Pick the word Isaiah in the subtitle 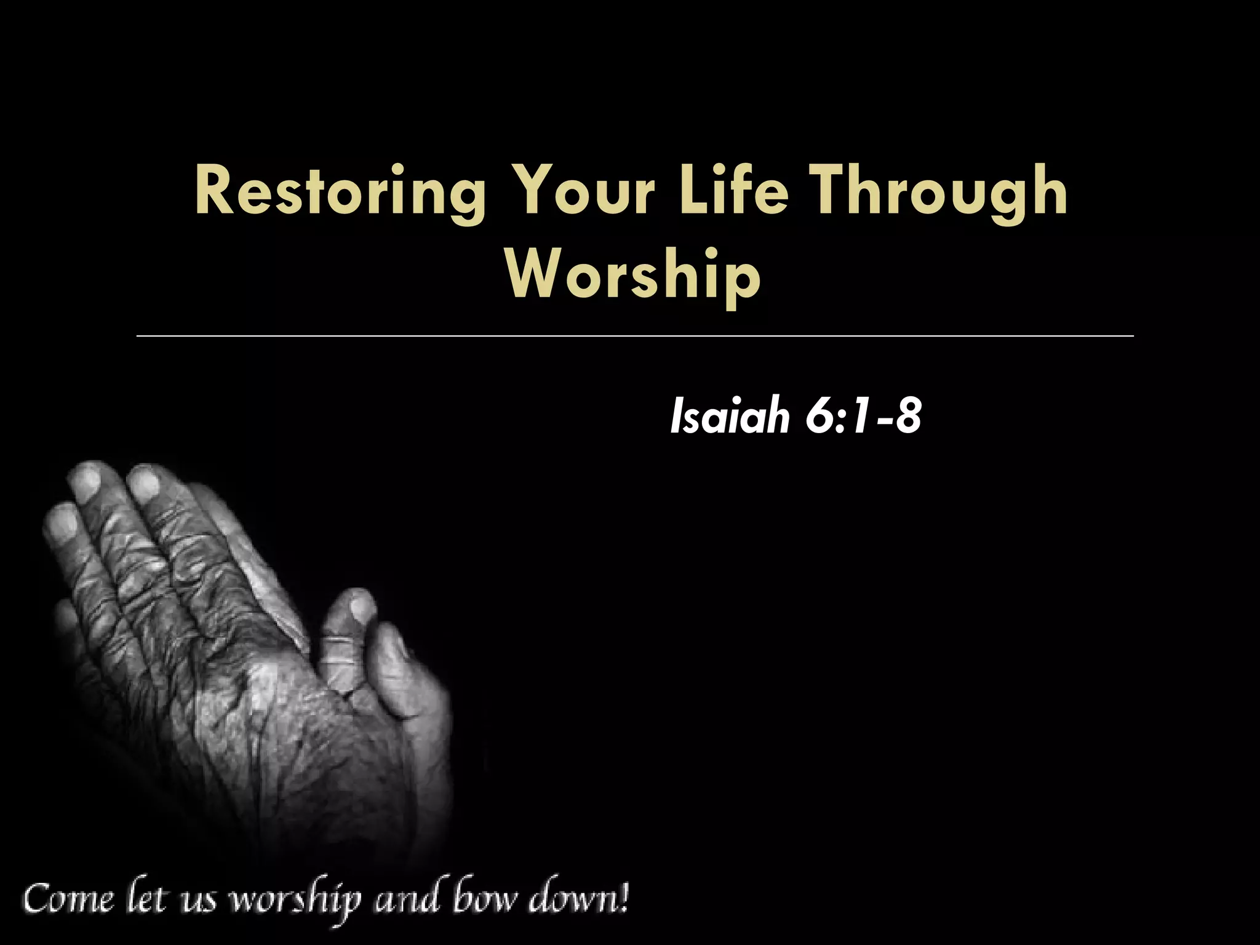click(730, 417)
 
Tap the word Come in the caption click(69, 901)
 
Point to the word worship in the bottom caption click(295, 903)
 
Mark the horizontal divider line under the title click(634, 336)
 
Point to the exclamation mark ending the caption click(624, 898)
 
